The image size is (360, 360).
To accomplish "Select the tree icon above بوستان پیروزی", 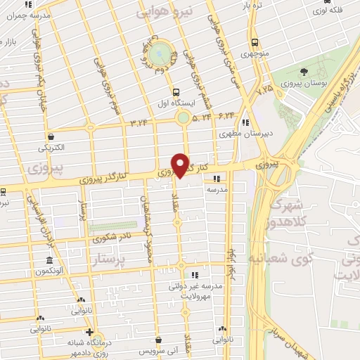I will pyautogui.click(x=303, y=71).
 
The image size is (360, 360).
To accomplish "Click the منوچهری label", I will pyautogui.click(x=255, y=53).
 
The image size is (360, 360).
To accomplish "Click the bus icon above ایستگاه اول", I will pyautogui.click(x=175, y=91).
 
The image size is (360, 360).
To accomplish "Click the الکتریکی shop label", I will pyautogui.click(x=51, y=148).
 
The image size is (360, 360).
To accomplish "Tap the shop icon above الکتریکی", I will pyautogui.click(x=51, y=137).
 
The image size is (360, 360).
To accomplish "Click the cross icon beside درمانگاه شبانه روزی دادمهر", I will pyautogui.click(x=89, y=332).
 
